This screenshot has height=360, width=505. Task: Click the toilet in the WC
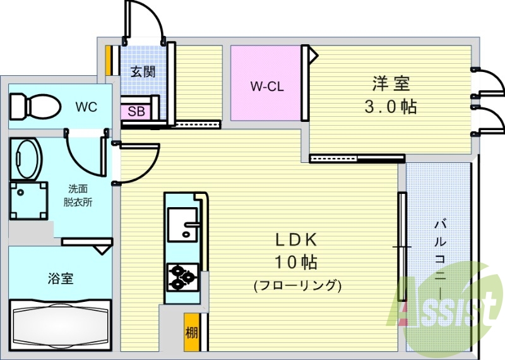(x=35, y=106)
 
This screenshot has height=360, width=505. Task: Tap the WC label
(x=86, y=107)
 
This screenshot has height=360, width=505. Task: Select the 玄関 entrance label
(x=143, y=71)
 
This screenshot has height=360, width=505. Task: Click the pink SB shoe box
(x=136, y=111)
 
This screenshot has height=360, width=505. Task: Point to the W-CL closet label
(x=267, y=87)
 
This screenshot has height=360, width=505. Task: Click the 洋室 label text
(x=391, y=83)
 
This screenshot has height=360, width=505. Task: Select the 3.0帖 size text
(x=391, y=107)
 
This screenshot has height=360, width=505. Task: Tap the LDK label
(x=296, y=240)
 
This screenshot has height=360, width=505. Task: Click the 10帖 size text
(x=296, y=262)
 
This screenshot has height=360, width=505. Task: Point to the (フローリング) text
(x=297, y=285)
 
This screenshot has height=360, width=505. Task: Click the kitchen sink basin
(x=182, y=225)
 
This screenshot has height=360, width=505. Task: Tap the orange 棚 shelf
(x=191, y=332)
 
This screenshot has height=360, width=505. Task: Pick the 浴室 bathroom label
(x=61, y=279)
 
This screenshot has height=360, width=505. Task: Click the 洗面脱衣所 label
(x=78, y=196)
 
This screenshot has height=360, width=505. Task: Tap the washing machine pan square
(x=28, y=200)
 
